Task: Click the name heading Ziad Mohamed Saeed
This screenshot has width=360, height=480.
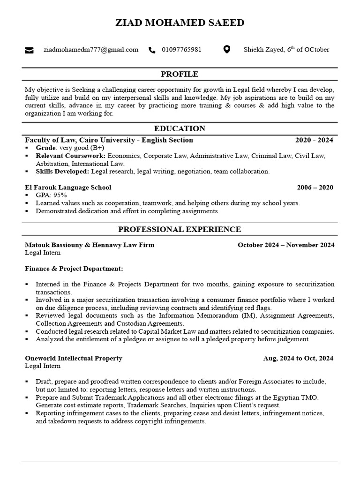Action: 180,23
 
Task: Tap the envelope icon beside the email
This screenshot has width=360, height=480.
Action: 29,50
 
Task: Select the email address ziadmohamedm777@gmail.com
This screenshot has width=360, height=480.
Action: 91,50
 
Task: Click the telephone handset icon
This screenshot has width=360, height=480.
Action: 152,50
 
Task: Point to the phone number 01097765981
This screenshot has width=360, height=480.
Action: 182,50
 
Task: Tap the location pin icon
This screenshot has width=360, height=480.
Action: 226,50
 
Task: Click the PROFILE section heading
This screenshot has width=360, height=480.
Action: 180,74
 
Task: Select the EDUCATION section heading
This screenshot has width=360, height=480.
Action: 180,128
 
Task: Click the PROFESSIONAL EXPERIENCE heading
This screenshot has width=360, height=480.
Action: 180,229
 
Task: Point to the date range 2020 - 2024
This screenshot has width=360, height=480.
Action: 314,140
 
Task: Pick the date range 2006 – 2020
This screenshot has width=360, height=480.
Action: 315,187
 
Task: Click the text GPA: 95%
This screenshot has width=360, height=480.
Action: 51,195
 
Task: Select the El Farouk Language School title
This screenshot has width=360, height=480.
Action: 68,187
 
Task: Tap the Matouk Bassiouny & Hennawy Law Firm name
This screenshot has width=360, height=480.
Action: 90,245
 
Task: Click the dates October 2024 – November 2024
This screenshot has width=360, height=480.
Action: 286,245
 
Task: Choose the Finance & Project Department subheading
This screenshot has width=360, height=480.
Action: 74,269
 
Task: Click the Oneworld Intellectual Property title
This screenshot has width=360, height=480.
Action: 74,358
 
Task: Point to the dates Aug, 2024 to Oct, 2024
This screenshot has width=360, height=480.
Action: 298,358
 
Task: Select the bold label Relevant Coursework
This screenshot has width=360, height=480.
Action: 70,156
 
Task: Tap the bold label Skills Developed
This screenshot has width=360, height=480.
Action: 62,172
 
